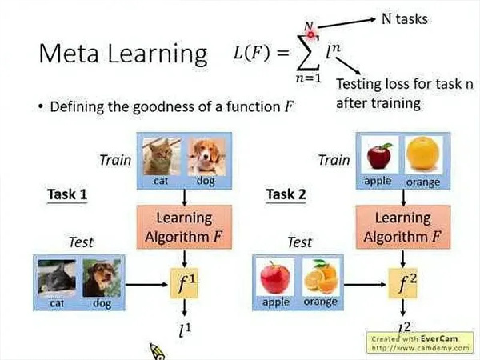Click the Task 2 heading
pos(286,194)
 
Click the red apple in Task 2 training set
pos(378,155)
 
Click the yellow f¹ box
pos(186,284)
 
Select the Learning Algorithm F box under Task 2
pos(402,226)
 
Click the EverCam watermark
pos(421,342)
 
